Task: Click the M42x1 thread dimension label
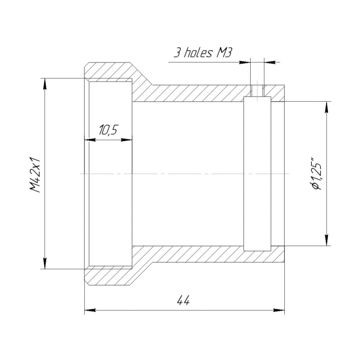pyautogui.click(x=35, y=175)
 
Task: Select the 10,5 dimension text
pyautogui.click(x=108, y=130)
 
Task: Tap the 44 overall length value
pyautogui.click(x=184, y=300)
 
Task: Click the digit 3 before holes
pyautogui.click(x=177, y=53)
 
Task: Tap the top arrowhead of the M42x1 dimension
pyautogui.click(x=45, y=84)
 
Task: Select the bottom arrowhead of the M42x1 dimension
pyautogui.click(x=45, y=263)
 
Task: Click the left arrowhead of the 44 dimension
pyautogui.click(x=90, y=310)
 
